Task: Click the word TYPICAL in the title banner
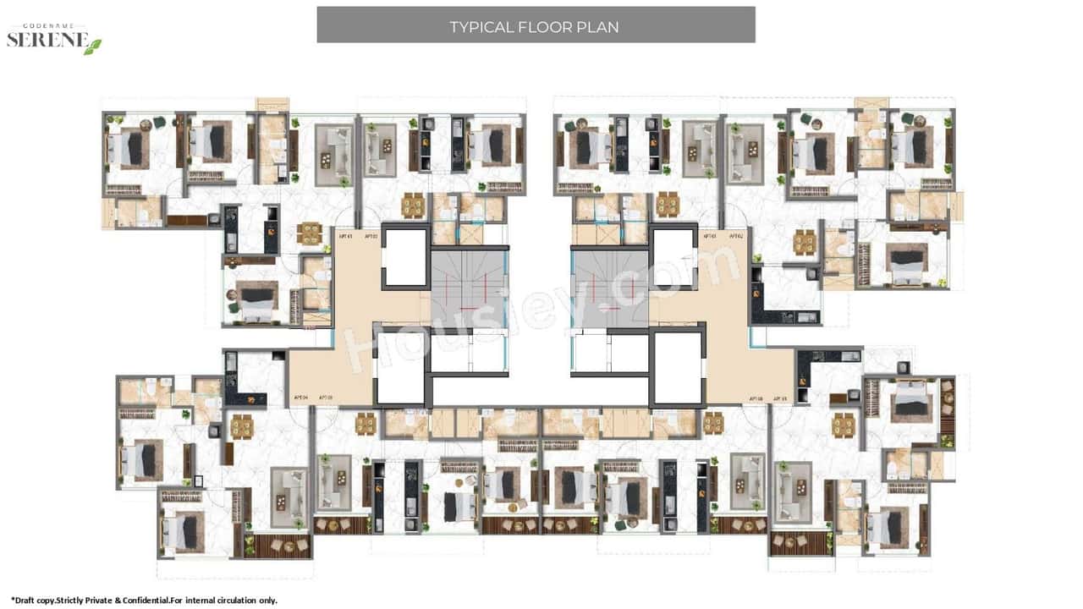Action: tap(481, 27)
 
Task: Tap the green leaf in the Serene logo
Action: tap(92, 46)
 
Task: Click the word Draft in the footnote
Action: tap(27, 600)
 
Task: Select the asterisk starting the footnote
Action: tap(13, 599)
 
